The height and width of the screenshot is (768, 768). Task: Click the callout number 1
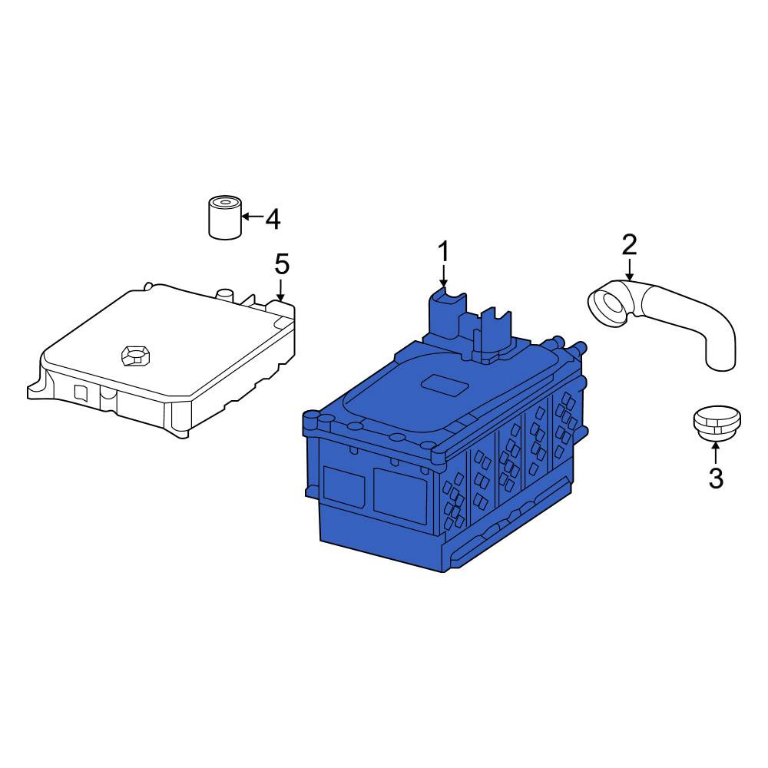[x=443, y=252]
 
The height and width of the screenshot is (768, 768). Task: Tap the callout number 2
[x=630, y=244]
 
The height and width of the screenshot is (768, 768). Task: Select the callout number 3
[x=716, y=478]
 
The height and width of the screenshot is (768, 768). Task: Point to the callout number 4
[x=273, y=219]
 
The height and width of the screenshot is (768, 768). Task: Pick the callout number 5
[x=282, y=264]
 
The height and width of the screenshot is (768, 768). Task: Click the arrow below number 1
[x=443, y=276]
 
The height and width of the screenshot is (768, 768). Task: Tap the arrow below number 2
[x=630, y=270]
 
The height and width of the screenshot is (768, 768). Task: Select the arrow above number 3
[x=716, y=452]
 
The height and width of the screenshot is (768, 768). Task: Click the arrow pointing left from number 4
[x=252, y=216]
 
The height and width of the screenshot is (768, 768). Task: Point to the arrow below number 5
[x=280, y=290]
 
